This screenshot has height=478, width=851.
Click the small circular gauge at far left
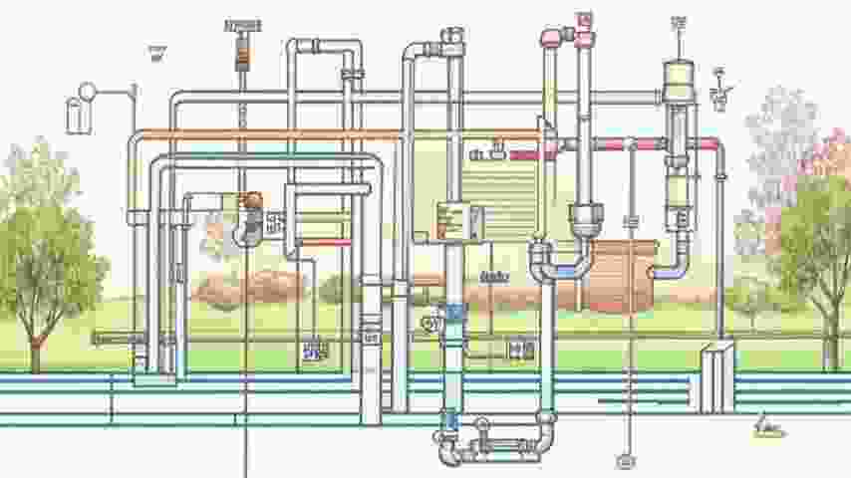[88, 91]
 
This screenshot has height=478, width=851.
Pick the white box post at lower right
[716, 376]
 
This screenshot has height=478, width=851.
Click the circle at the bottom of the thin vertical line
[627, 461]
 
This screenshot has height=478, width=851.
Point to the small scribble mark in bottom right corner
[768, 429]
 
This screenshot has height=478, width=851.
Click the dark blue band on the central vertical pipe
[454, 312]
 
